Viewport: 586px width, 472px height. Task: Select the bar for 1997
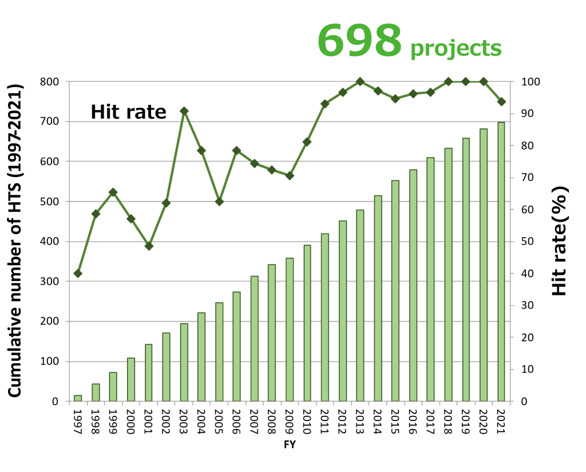[x=78, y=398]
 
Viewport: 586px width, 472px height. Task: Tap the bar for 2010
[x=307, y=323]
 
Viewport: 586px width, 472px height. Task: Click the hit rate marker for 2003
[x=184, y=111]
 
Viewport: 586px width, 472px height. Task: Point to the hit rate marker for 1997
[x=78, y=273]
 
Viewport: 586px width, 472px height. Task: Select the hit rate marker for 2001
[x=149, y=246]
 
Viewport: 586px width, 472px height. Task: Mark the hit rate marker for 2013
[x=360, y=82]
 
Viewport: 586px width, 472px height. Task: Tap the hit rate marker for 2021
[x=501, y=101]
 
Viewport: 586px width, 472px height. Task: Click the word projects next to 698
[x=456, y=48]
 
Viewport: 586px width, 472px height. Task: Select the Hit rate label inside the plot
[x=128, y=112]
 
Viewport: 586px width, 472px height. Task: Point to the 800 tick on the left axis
[x=49, y=81]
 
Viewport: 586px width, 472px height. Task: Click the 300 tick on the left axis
[x=49, y=281]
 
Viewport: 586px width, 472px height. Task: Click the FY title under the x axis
[x=290, y=445]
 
